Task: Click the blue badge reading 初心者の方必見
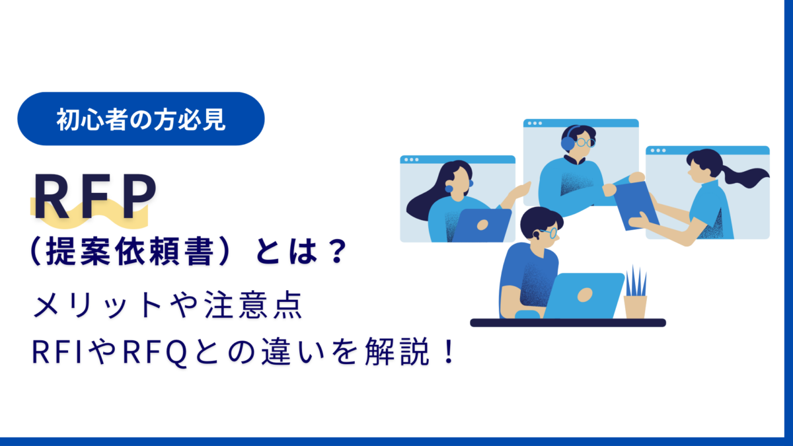[141, 119]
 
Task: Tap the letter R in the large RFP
[51, 198]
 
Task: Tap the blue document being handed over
[636, 204]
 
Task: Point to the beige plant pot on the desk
[635, 307]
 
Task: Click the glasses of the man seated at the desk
[548, 232]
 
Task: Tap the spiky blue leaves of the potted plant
[636, 281]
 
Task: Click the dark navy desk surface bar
[568, 322]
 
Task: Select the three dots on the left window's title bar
[410, 159]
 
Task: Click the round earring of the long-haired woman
[449, 189]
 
